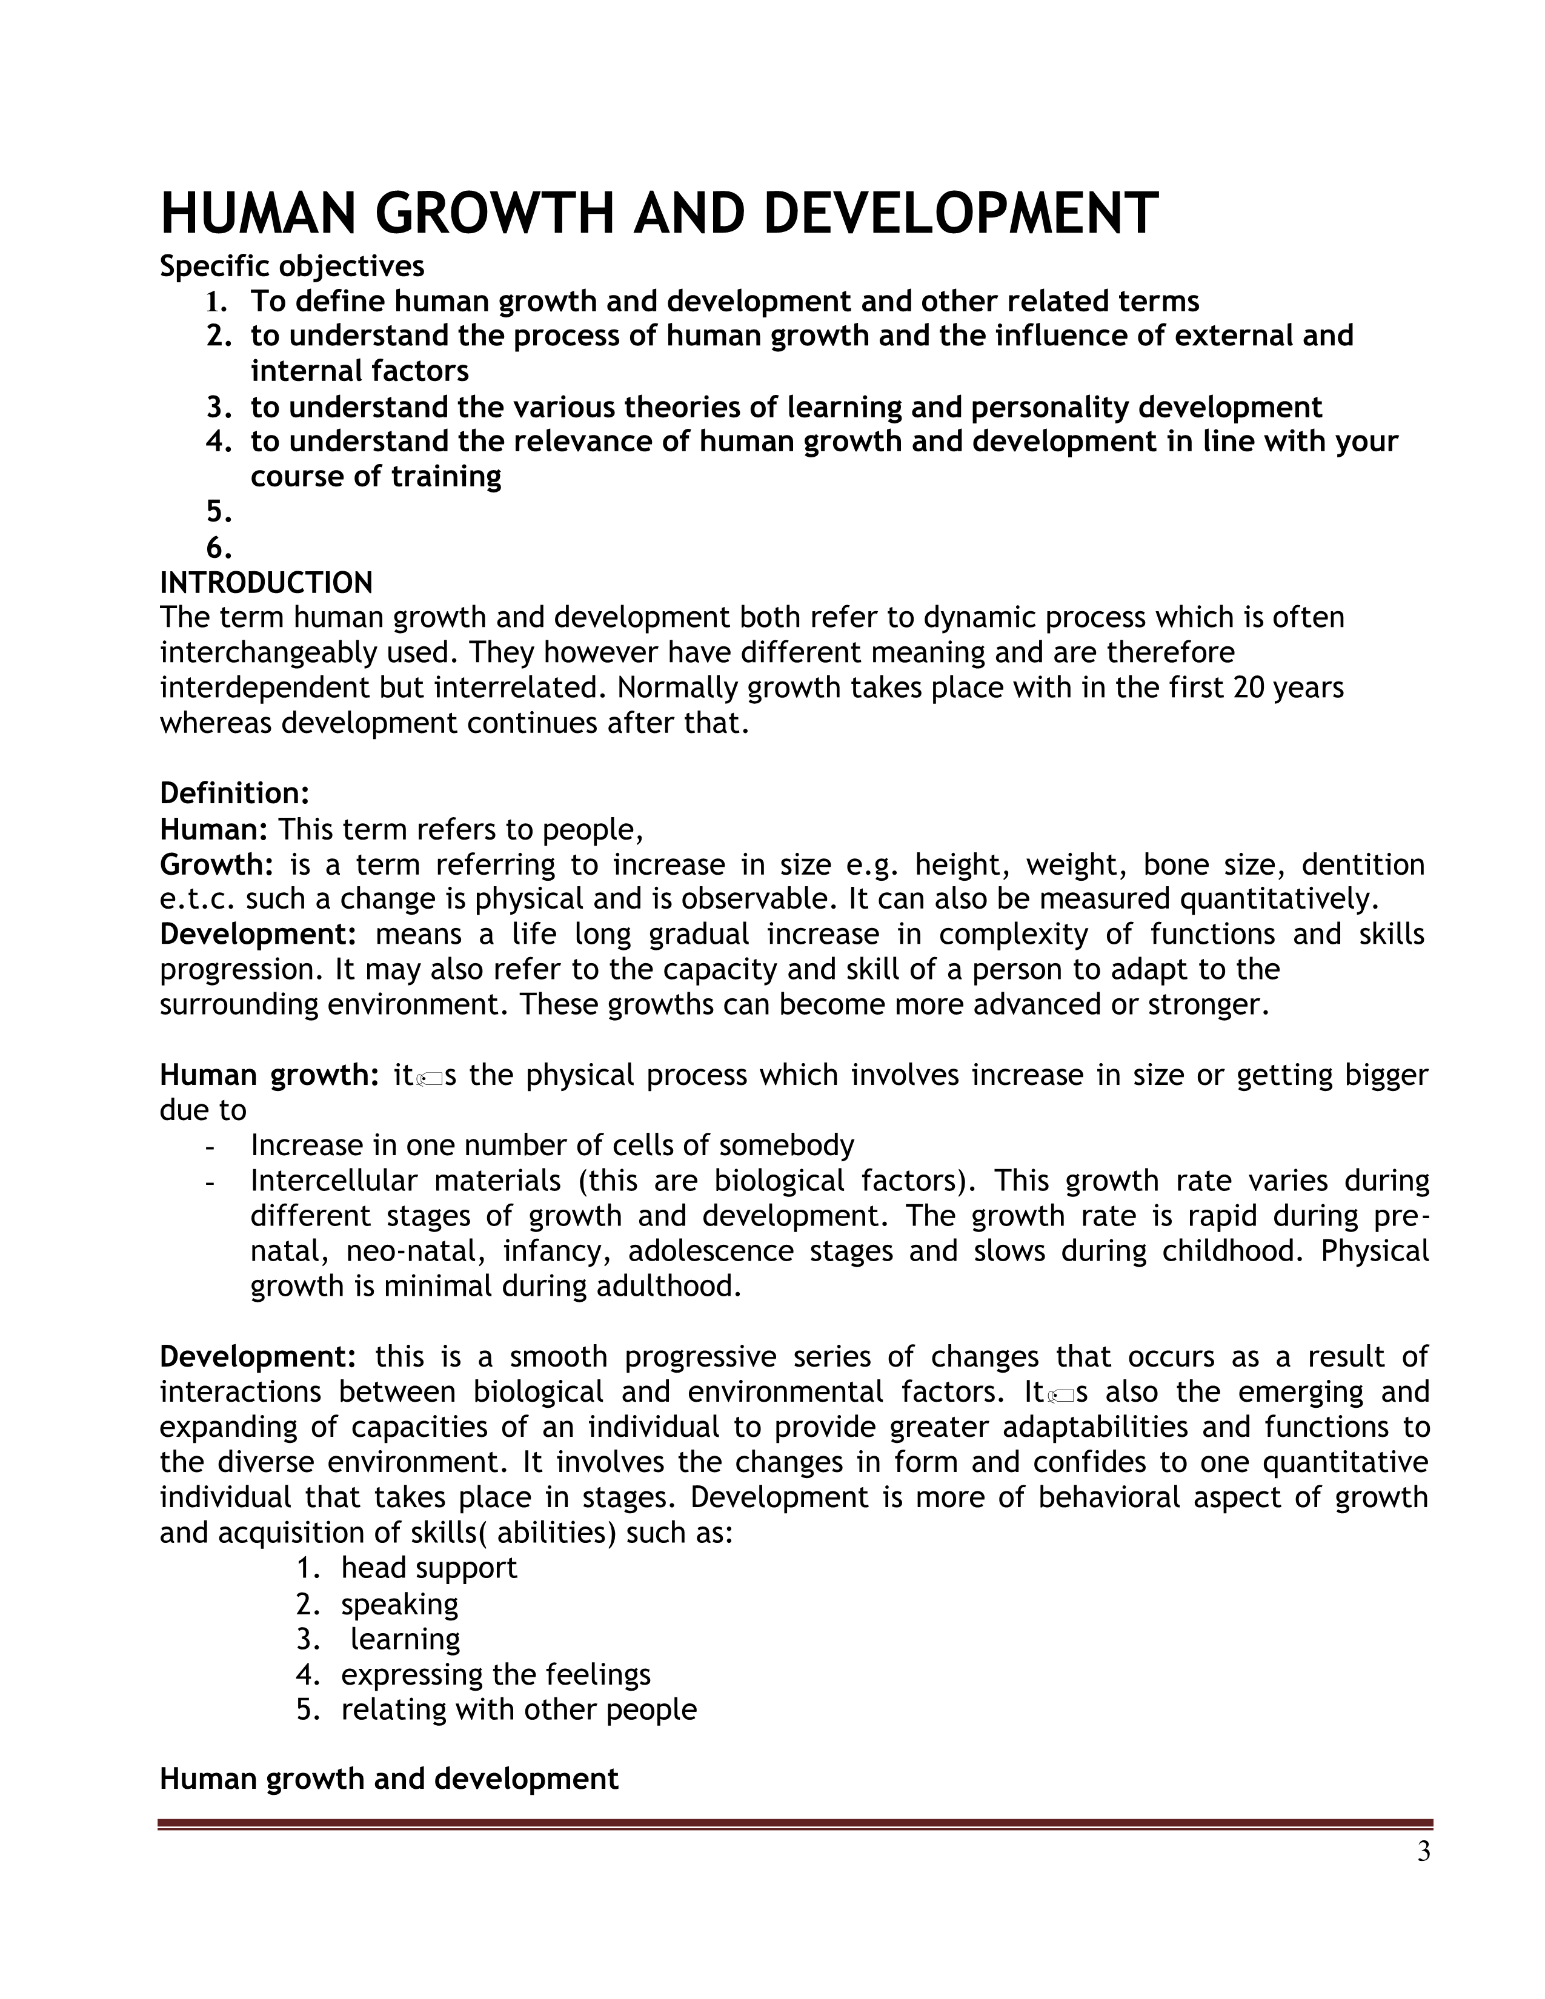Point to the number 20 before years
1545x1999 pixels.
click(x=1251, y=688)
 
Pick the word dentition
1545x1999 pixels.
click(x=1363, y=865)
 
